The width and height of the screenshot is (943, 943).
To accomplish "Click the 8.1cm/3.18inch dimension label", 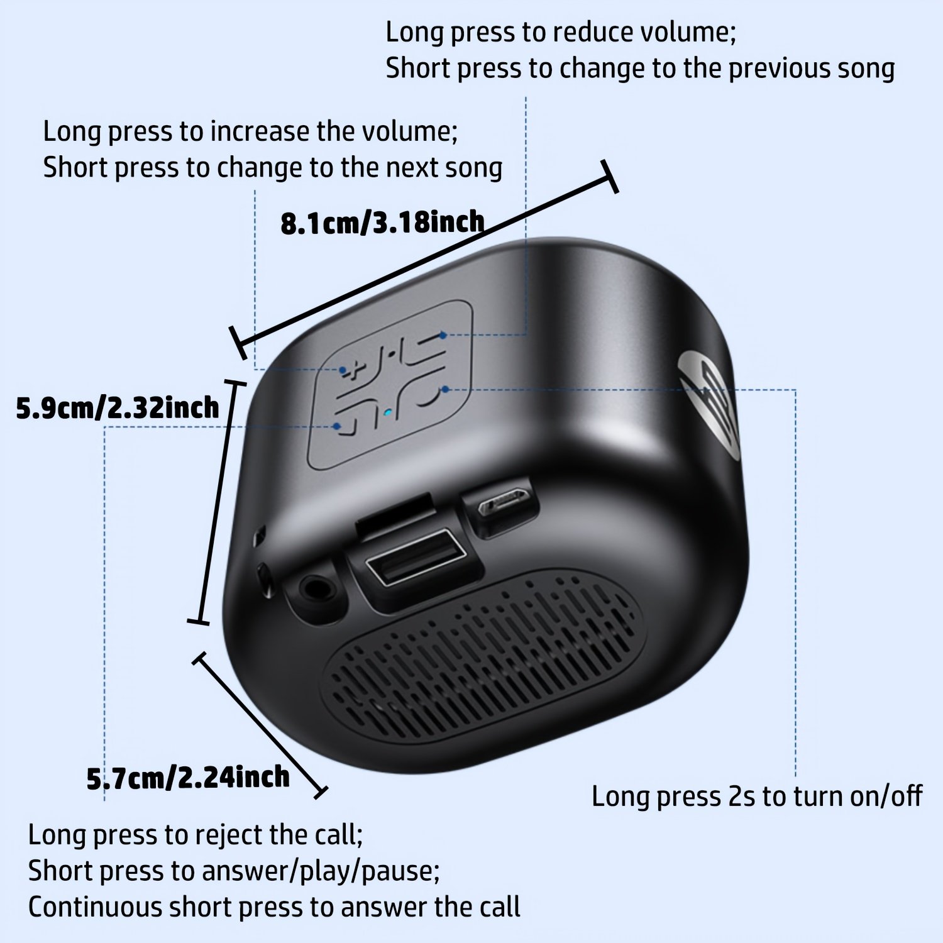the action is [382, 223].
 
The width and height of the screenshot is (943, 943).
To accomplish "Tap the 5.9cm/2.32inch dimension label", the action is [118, 408].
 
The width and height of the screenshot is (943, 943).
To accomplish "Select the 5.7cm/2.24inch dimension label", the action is [188, 778].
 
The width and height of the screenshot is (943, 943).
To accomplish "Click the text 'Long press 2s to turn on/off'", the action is [757, 797].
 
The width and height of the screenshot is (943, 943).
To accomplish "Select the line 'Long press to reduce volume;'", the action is [561, 32].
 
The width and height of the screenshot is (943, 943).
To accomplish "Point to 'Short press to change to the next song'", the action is [273, 168].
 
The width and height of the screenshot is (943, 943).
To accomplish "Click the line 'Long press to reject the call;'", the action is [196, 835].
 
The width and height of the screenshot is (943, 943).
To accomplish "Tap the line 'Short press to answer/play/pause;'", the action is [234, 871].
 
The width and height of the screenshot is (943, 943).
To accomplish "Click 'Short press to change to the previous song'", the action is [640, 69].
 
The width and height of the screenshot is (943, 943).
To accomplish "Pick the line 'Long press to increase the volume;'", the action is [250, 131].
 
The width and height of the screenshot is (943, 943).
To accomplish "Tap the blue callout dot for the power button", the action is [445, 390].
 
